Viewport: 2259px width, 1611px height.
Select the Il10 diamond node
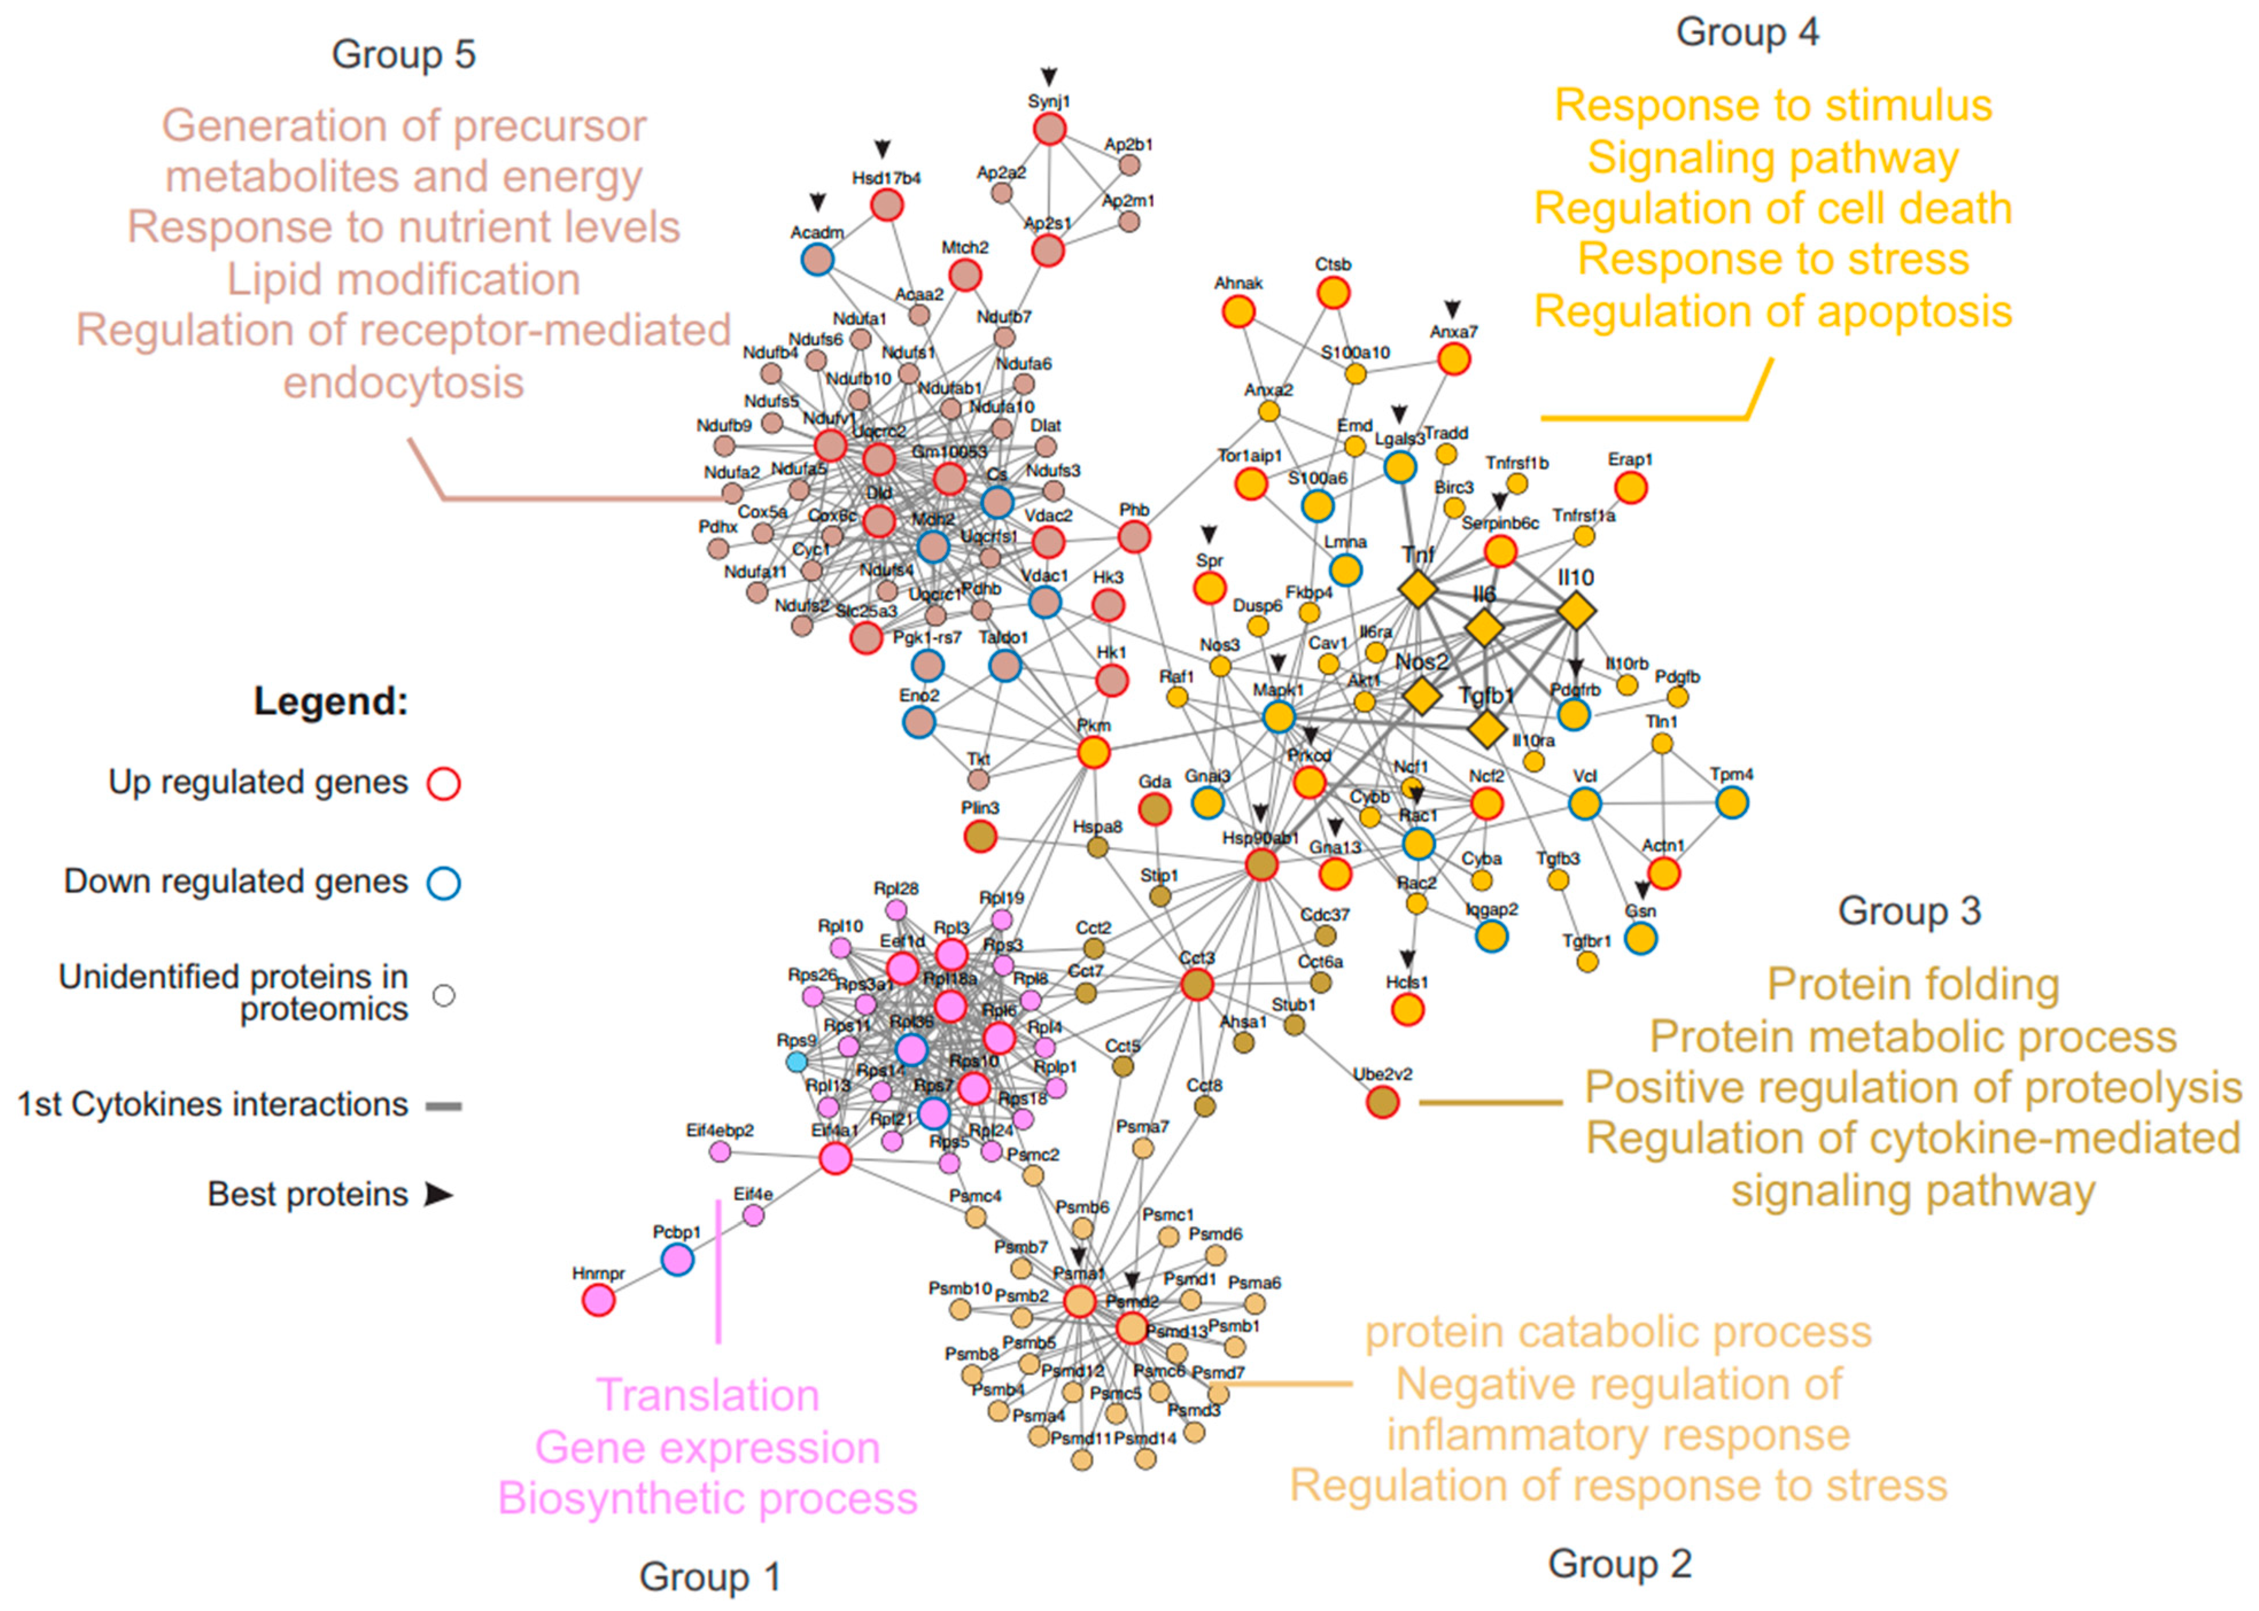click(x=1575, y=610)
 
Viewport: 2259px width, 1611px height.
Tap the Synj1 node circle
click(x=1050, y=129)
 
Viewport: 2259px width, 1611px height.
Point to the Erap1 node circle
click(x=1630, y=487)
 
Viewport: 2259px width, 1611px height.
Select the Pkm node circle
click(x=1093, y=753)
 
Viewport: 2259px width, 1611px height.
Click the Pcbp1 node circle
click(x=678, y=1260)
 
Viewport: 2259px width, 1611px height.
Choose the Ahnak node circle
click(x=1238, y=312)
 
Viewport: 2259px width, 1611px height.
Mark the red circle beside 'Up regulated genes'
click(x=444, y=784)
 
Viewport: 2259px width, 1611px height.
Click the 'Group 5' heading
click(x=404, y=55)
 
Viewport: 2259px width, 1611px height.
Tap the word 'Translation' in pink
click(x=707, y=1396)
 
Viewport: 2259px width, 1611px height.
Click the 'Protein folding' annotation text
click(x=1913, y=985)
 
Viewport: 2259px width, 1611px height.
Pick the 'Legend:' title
click(x=331, y=701)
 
